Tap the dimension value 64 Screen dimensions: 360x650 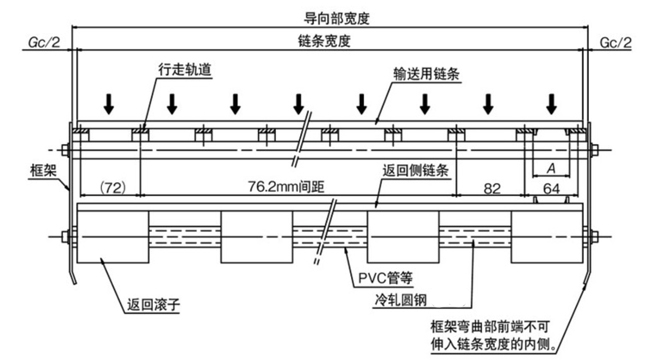coord(550,187)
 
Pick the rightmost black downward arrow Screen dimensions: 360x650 coord(551,103)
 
